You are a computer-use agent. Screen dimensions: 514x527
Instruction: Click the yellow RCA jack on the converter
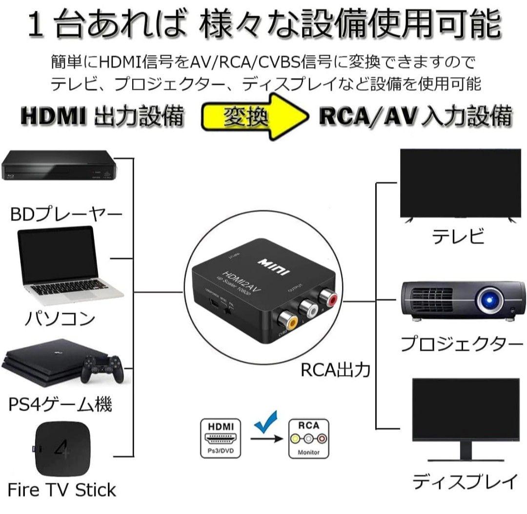tap(288, 322)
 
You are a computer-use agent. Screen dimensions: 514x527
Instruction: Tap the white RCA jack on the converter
tap(308, 309)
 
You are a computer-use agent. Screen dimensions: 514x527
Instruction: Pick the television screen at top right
tap(460, 183)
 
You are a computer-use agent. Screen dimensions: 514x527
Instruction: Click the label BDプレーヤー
tap(66, 215)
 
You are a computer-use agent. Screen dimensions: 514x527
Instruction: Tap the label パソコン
tap(60, 319)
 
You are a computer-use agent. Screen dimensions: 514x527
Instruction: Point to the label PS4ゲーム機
tap(61, 404)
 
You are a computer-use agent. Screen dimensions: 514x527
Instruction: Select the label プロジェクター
tap(461, 344)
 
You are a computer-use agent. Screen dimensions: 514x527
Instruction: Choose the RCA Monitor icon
tap(309, 438)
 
